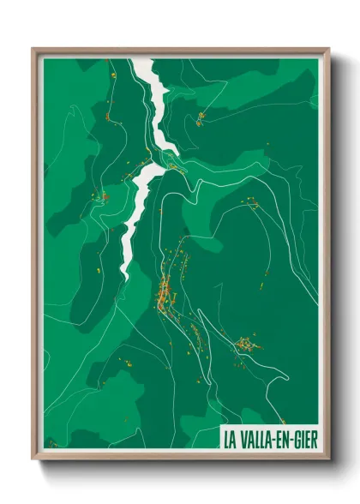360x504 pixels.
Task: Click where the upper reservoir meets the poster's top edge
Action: click(x=141, y=59)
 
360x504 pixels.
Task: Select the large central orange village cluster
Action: click(x=165, y=291)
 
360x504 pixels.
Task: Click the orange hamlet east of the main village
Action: click(x=247, y=344)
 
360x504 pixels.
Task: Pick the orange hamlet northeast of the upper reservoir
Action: click(x=199, y=117)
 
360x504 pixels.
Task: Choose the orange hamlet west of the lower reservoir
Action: click(x=105, y=197)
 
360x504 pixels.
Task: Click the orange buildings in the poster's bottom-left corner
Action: click(x=51, y=443)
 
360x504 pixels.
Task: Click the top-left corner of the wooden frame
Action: click(x=33, y=48)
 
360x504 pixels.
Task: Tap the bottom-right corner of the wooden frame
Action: click(x=328, y=459)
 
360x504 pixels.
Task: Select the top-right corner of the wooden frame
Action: click(x=328, y=48)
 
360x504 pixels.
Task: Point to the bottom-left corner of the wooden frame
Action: click(x=33, y=459)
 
